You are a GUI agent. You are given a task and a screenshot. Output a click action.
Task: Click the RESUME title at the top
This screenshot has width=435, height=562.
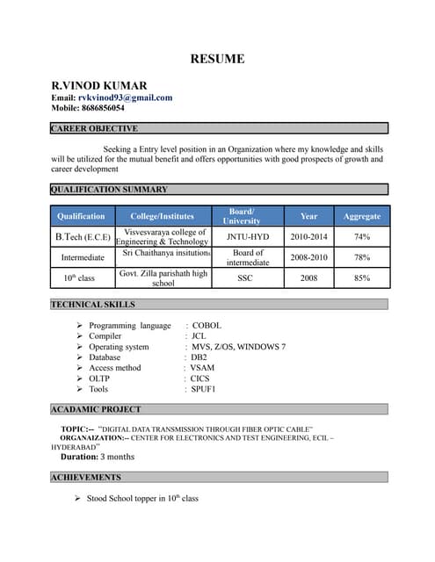217,60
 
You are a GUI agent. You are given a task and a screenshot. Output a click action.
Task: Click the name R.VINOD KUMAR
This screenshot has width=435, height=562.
98,84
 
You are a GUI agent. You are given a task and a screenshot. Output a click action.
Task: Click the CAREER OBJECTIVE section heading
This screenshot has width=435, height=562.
94,128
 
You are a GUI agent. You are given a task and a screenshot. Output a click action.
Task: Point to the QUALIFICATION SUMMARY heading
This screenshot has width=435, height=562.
109,189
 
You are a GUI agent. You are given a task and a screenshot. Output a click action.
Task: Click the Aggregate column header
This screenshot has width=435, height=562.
361,216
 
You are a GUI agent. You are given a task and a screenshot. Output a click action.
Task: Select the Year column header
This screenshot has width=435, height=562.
308,216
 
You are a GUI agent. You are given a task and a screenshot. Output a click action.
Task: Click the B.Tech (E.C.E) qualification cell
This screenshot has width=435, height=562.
83,237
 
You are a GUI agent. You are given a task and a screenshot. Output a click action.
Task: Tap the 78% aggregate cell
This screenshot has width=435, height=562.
361,257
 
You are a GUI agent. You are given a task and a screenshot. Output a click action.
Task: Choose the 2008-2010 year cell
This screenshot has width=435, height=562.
308,257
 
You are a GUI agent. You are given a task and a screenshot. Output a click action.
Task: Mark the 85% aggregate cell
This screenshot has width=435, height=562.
361,277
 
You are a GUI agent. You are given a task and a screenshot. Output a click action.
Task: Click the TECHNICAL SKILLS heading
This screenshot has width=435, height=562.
93,304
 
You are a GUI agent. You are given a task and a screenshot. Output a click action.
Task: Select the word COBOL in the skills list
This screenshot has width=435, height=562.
207,325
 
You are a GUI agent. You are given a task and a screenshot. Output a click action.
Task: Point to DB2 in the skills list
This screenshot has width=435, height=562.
199,357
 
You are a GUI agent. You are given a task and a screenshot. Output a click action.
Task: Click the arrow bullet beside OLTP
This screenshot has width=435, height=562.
79,378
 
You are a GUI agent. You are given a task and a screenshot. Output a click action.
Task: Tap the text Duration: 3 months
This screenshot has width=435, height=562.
97,457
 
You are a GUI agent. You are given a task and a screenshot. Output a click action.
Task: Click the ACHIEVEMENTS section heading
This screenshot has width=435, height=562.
86,477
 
